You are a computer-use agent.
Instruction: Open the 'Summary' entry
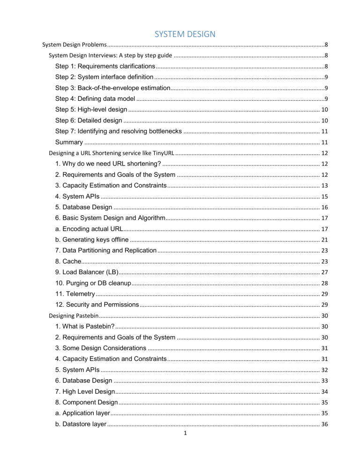click(69, 142)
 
